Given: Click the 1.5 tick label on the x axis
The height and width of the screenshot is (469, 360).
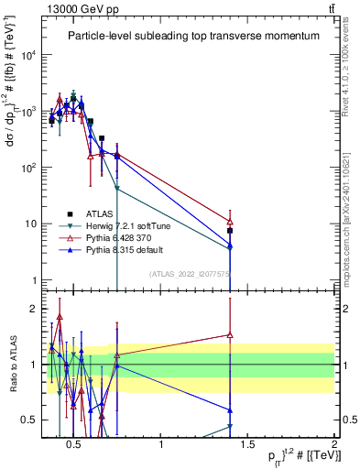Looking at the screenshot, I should point(248,446).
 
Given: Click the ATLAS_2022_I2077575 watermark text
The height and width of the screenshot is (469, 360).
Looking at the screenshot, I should point(189,273).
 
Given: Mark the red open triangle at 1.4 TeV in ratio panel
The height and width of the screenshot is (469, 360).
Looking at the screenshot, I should point(230,335).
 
